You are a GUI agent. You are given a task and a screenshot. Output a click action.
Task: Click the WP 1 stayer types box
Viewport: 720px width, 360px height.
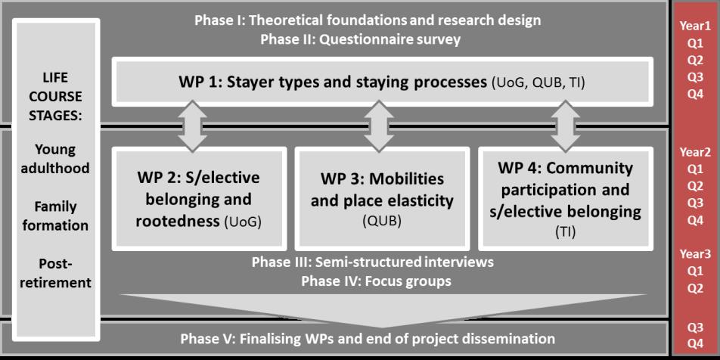click(382, 81)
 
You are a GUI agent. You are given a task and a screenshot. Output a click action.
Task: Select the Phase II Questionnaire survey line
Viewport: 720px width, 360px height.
click(360, 39)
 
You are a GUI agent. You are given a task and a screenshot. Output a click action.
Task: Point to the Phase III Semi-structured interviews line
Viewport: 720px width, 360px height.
click(372, 262)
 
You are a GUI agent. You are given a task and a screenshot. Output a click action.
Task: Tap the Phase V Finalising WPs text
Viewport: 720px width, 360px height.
click(368, 338)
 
